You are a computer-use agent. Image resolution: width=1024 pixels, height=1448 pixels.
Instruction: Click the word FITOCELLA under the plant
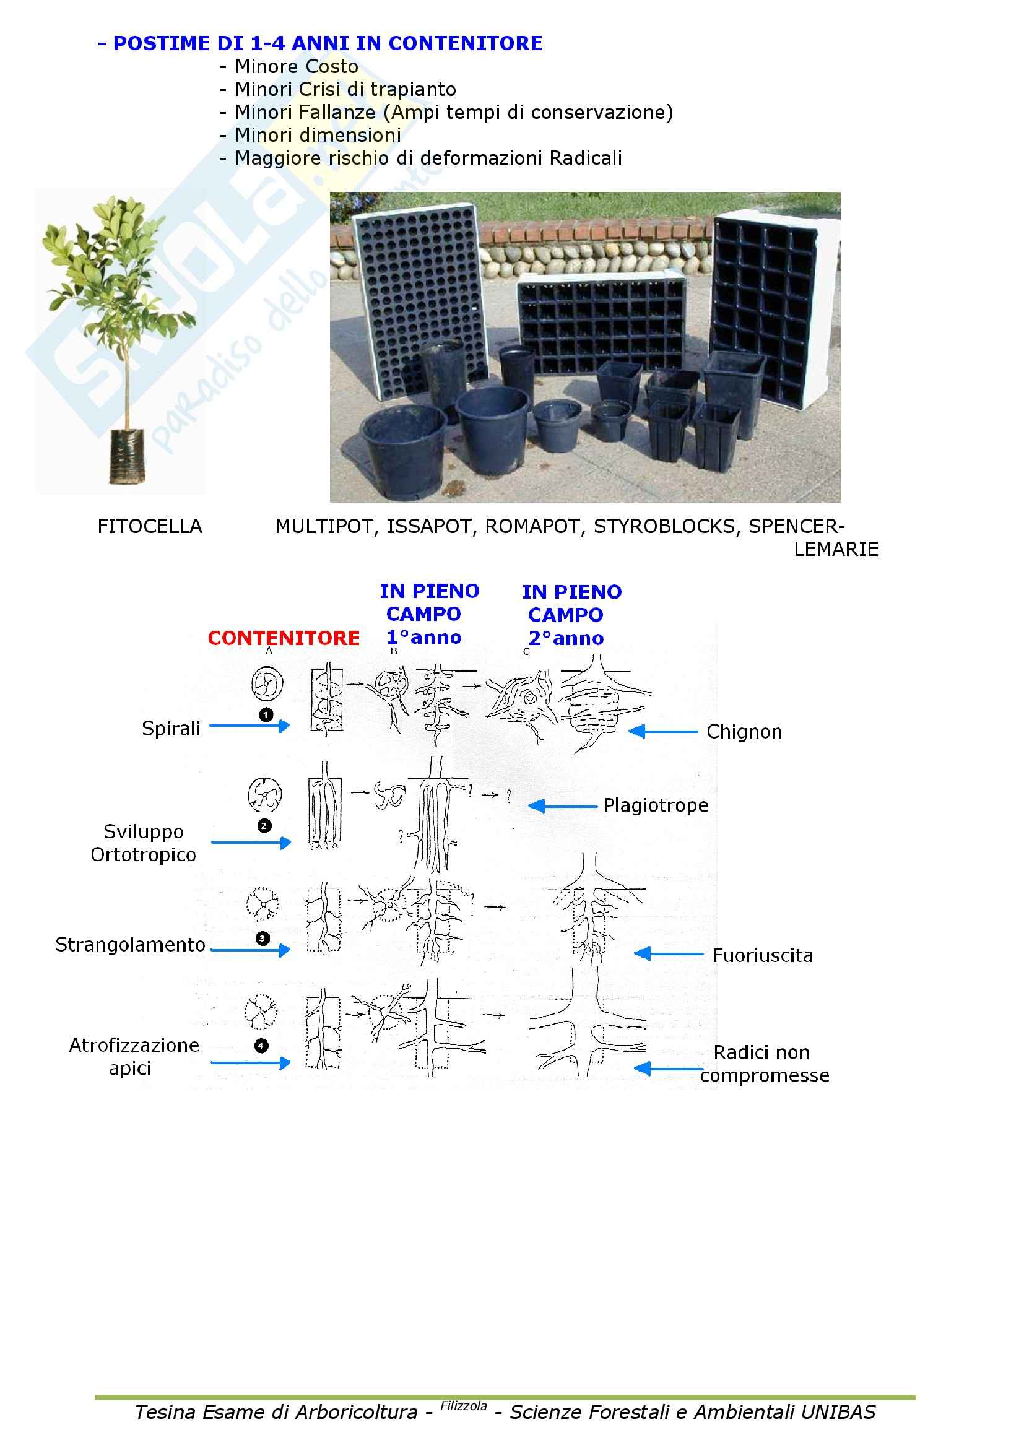tap(149, 526)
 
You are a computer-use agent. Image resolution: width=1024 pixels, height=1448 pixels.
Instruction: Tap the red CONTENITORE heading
tap(284, 638)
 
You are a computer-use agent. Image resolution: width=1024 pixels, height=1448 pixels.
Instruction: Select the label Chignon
tap(744, 732)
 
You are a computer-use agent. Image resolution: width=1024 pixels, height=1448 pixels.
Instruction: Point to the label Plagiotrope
tap(656, 805)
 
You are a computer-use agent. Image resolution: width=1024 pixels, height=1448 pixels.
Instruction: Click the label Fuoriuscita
tap(762, 955)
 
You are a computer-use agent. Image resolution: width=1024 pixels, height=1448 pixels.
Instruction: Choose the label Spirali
tap(171, 729)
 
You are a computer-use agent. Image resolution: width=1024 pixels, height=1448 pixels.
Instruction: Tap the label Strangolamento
tap(131, 945)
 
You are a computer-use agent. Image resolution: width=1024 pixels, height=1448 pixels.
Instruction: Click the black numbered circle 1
tap(266, 714)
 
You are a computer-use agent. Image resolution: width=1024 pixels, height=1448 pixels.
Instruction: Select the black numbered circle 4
tap(261, 1046)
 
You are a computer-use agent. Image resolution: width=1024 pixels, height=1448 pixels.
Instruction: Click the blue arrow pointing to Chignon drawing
tap(662, 732)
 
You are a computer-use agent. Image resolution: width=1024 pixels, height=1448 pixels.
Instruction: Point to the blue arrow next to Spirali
tap(249, 726)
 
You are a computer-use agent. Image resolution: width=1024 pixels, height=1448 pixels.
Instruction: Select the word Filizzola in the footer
tap(464, 1406)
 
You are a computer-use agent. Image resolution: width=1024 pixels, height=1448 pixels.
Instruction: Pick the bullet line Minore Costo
tap(297, 66)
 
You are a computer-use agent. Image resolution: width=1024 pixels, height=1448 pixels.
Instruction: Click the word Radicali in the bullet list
tap(585, 158)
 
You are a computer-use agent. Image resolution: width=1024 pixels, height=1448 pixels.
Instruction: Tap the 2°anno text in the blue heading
tap(566, 638)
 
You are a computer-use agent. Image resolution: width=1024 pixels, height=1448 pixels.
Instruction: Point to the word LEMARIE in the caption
tap(835, 549)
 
